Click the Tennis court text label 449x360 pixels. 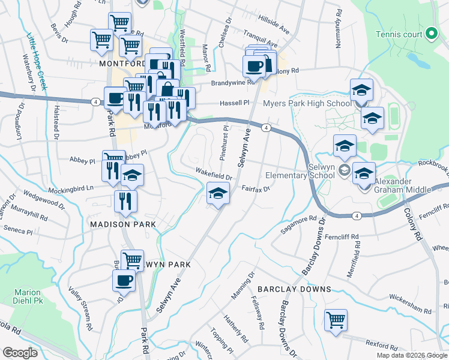tap(399, 34)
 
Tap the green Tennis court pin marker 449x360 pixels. tap(430, 34)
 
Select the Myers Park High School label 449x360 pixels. tap(307, 104)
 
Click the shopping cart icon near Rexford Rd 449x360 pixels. tap(336, 319)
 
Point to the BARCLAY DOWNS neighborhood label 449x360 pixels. tap(294, 289)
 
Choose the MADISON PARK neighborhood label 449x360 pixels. tap(123, 224)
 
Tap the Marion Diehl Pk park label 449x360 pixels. tap(28, 296)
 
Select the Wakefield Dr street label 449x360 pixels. tap(214, 175)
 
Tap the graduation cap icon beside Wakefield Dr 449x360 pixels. tap(218, 193)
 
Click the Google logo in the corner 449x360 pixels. tap(20, 353)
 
